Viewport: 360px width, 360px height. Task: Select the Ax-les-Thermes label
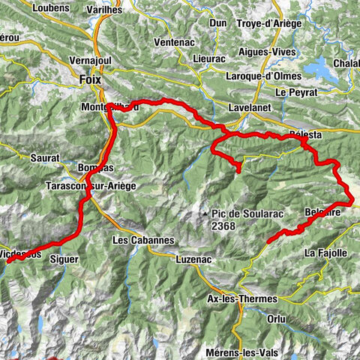pyautogui.click(x=241, y=298)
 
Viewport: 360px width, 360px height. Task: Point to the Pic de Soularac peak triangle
pyautogui.click(x=205, y=215)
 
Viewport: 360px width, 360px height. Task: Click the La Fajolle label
pyautogui.click(x=325, y=253)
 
